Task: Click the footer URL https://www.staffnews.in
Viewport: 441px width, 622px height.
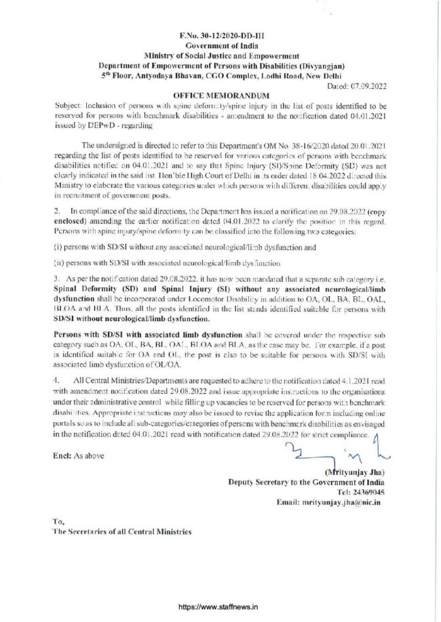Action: pyautogui.click(x=220, y=608)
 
